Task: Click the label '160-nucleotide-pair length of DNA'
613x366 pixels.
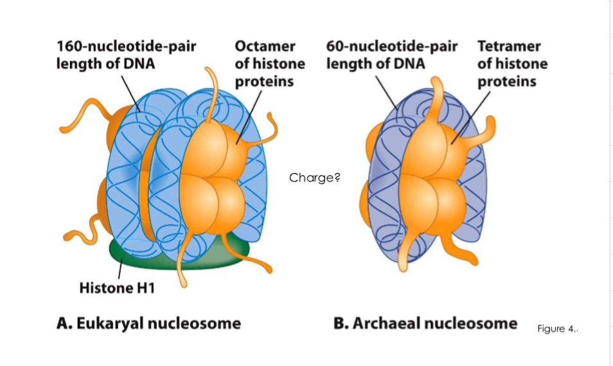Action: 126,55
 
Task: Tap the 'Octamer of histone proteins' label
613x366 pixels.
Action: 269,64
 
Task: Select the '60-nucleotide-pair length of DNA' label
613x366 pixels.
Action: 391,55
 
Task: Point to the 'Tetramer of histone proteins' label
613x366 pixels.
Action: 512,64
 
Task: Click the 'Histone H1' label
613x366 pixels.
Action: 117,288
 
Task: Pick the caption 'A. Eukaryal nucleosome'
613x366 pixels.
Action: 148,323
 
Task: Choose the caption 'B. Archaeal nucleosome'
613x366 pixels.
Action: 425,323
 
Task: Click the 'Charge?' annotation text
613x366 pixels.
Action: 314,178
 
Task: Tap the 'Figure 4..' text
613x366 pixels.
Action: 558,329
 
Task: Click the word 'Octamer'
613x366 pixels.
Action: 265,46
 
